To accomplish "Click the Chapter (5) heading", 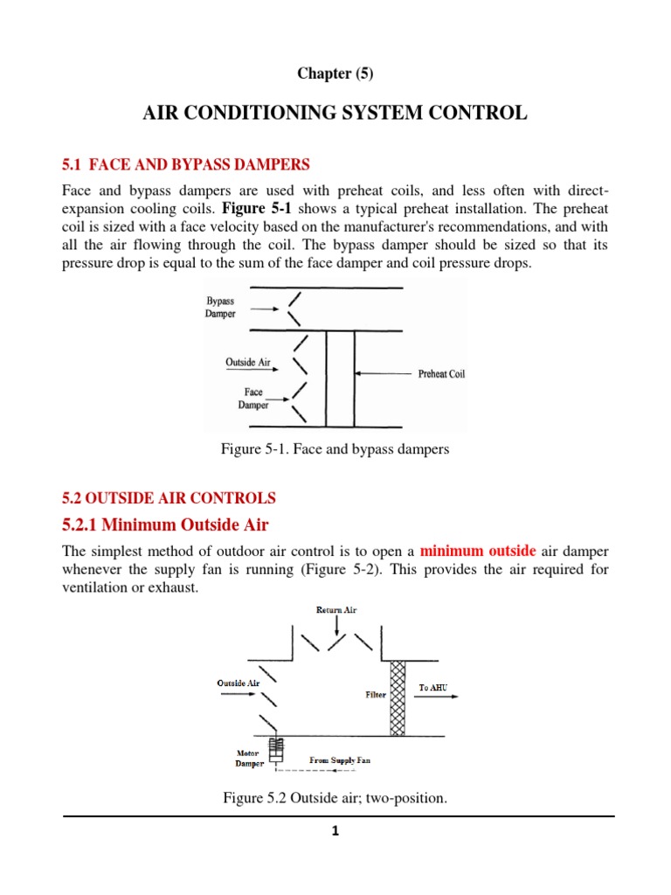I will point(335,73).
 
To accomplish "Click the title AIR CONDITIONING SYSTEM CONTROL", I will point(335,113).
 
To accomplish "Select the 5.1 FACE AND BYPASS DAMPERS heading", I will point(186,163).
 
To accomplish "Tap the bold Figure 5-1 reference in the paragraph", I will point(261,208).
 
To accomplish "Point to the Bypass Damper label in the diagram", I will point(220,308).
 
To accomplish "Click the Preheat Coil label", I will point(441,373).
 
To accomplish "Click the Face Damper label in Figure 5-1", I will point(252,399).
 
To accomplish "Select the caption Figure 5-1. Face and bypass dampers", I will point(335,449).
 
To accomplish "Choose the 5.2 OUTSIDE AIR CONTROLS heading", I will point(169,498).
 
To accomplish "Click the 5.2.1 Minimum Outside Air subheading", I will point(165,525).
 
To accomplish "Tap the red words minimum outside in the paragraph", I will point(477,552).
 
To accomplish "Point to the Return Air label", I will point(335,610).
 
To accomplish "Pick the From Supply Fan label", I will point(340,760).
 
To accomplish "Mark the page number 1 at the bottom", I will point(335,831).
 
